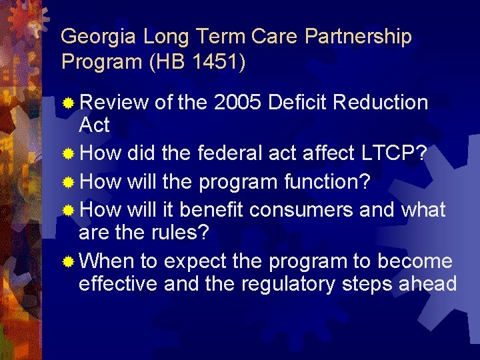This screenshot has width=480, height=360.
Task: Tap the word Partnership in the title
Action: click(x=358, y=37)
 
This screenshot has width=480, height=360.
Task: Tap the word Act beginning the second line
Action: click(x=94, y=125)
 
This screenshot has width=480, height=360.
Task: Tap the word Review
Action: click(x=113, y=103)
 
